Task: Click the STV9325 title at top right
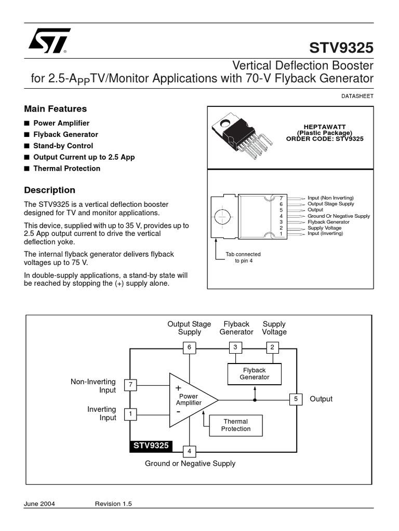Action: click(x=341, y=48)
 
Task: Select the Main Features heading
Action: click(x=55, y=109)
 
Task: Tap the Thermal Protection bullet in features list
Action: click(x=66, y=169)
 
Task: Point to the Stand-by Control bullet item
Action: click(x=63, y=146)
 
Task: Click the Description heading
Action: click(x=49, y=190)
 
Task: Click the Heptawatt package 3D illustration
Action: click(x=241, y=136)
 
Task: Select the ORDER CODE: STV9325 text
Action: click(x=325, y=139)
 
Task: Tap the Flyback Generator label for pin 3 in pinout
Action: click(x=328, y=222)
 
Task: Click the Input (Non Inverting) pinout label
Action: click(x=330, y=198)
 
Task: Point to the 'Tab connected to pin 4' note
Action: click(x=243, y=258)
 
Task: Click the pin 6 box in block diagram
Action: click(x=189, y=347)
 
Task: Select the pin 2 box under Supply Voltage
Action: click(x=272, y=347)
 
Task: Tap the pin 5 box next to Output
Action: click(x=296, y=399)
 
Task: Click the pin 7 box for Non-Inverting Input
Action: click(x=130, y=385)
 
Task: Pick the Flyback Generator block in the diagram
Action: click(x=254, y=374)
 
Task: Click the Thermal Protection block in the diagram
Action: click(x=235, y=425)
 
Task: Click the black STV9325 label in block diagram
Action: click(x=151, y=446)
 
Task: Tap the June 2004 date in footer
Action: click(x=39, y=504)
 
